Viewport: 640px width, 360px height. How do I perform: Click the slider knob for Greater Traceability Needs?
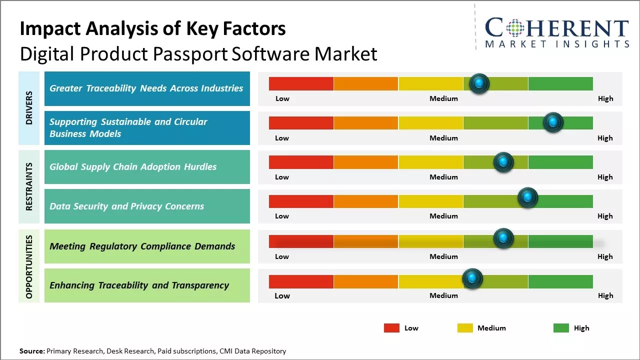click(479, 83)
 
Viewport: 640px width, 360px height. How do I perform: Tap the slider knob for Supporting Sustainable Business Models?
click(553, 122)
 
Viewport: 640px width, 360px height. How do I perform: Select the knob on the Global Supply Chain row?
click(503, 162)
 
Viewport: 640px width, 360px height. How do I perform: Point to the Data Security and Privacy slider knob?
click(527, 198)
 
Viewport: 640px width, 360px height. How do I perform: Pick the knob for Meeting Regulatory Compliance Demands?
click(503, 238)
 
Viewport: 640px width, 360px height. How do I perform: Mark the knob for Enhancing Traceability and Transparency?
click(472, 278)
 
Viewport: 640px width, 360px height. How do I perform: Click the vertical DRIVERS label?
click(29, 108)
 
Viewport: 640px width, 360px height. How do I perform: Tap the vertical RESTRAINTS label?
click(29, 186)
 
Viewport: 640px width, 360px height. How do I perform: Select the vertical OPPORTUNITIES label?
click(29, 266)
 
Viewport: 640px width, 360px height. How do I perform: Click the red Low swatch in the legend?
click(391, 328)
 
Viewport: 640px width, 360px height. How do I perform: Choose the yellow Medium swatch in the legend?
click(465, 328)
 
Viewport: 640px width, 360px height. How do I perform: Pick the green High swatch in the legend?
click(561, 328)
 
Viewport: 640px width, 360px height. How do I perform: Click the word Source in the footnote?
click(31, 351)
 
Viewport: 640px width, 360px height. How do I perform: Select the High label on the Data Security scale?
click(605, 216)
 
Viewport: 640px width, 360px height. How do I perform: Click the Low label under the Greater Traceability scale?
click(282, 98)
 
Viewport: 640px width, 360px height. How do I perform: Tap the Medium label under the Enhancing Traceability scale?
click(443, 295)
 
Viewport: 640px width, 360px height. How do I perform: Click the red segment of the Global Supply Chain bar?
click(301, 162)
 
